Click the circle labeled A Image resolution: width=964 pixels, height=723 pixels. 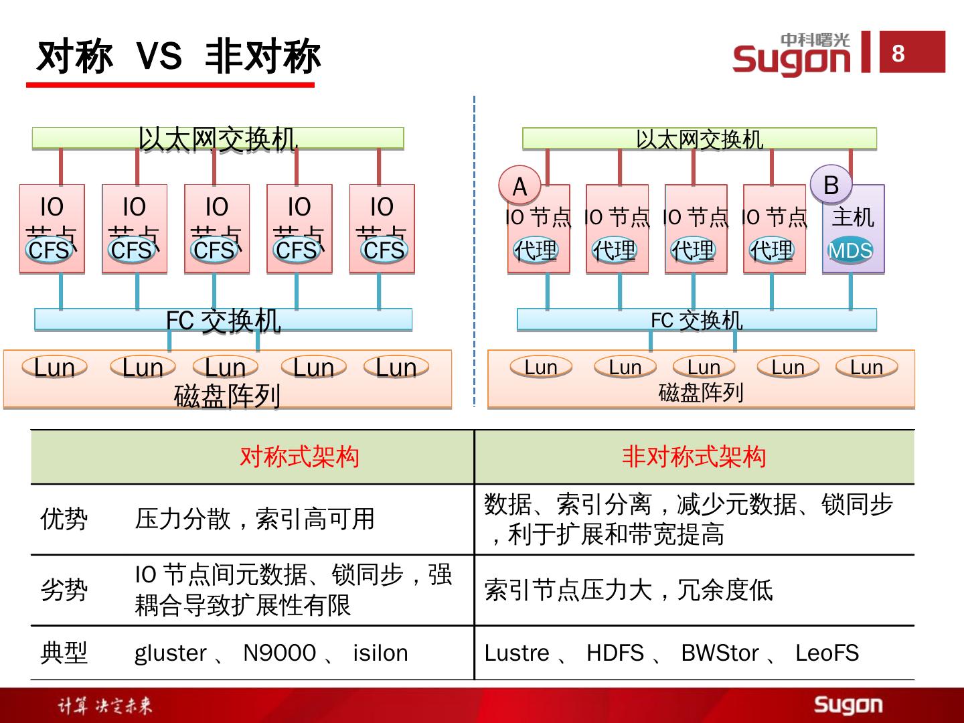pos(519,186)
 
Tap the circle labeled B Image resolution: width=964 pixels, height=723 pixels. pos(831,185)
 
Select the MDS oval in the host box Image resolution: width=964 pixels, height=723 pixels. pos(850,251)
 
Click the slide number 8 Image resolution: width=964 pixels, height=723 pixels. pos(898,52)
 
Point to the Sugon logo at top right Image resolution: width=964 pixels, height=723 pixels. pos(791,55)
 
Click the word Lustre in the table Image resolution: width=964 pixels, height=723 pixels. pos(517,653)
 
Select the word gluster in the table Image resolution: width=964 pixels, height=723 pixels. pos(171,653)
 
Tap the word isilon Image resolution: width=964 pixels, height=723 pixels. pos(380,653)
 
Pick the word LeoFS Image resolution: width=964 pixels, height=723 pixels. pos(827,653)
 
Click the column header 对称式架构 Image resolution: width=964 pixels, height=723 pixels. pos(299,457)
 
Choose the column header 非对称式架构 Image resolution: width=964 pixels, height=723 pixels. pos(694,457)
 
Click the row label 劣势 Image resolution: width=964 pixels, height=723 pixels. pos(64,590)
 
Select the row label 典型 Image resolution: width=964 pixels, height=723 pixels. pos(64,653)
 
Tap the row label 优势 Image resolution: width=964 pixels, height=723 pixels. pos(64,519)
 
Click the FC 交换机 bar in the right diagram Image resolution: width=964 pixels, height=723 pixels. pos(696,320)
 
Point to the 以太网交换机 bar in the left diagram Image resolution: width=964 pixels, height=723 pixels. pos(218,139)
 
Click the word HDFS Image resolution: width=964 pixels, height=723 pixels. pos(615,653)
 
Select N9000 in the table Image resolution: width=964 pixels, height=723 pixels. pos(279,653)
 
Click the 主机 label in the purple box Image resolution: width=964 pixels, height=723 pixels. pos(852,217)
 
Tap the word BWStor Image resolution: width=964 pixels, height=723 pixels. pos(720,653)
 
